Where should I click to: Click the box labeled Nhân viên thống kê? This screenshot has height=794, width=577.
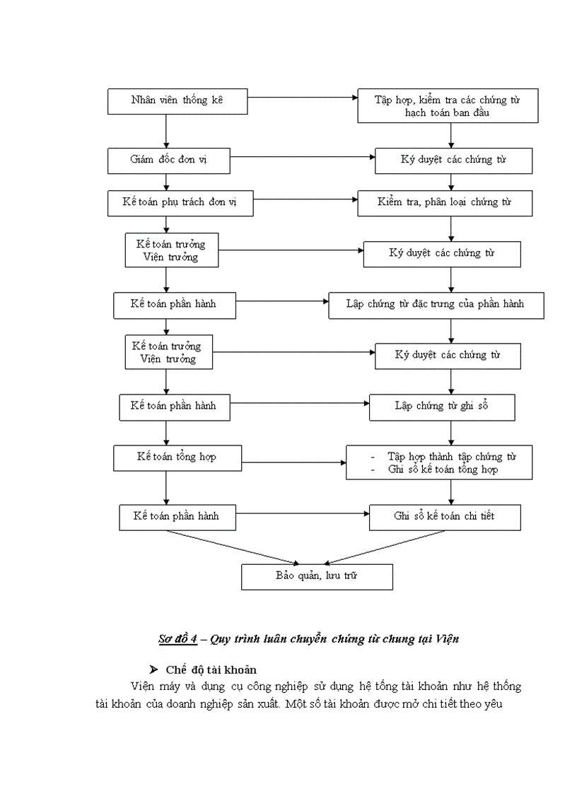pyautogui.click(x=177, y=100)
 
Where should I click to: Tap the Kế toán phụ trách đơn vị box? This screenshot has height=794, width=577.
pyautogui.click(x=180, y=203)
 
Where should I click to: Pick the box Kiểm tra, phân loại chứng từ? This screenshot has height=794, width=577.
pyautogui.click(x=444, y=203)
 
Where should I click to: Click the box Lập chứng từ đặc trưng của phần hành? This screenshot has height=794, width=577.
pyautogui.click(x=436, y=305)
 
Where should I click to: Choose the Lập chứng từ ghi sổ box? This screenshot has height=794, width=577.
pyautogui.click(x=442, y=407)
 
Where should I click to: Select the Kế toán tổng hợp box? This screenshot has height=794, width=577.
pyautogui.click(x=177, y=457)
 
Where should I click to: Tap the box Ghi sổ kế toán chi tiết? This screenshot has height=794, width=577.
pyautogui.click(x=445, y=517)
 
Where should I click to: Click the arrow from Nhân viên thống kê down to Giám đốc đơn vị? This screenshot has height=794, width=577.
pyautogui.click(x=165, y=131)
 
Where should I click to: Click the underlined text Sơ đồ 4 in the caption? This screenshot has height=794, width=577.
pyautogui.click(x=176, y=638)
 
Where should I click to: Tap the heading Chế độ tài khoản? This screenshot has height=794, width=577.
pyautogui.click(x=211, y=669)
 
